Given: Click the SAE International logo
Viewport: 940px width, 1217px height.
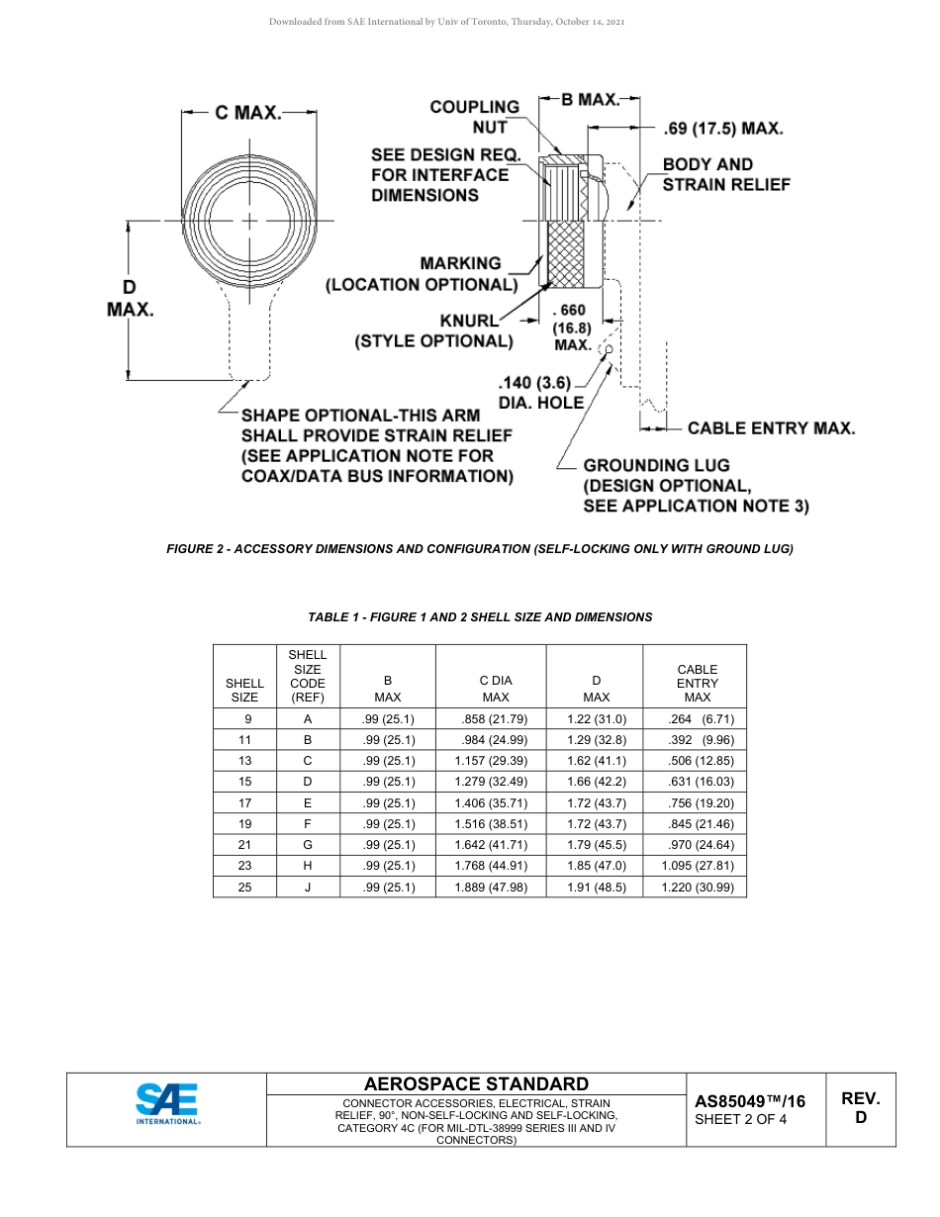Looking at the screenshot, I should [168, 1104].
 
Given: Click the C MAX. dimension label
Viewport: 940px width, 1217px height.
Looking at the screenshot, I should [248, 113].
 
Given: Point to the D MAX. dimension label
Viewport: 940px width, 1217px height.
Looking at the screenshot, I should [130, 298].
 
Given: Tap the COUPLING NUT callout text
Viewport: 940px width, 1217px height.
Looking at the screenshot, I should [474, 117].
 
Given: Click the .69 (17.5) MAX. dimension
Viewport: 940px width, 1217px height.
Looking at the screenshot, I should [723, 129].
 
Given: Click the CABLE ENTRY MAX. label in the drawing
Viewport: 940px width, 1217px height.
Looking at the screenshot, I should [771, 428].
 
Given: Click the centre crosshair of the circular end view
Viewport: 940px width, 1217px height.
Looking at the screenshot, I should [249, 220].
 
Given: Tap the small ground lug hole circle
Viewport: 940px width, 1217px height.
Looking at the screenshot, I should [610, 348].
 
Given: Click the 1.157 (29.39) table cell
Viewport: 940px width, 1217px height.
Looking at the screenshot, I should [491, 761].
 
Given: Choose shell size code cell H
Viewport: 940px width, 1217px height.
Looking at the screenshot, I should [308, 866].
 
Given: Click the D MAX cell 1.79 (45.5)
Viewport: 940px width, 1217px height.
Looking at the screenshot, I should [596, 845].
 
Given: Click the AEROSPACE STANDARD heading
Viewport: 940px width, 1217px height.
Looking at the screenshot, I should [476, 1084].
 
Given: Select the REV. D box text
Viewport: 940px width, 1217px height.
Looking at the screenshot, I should [861, 1108].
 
